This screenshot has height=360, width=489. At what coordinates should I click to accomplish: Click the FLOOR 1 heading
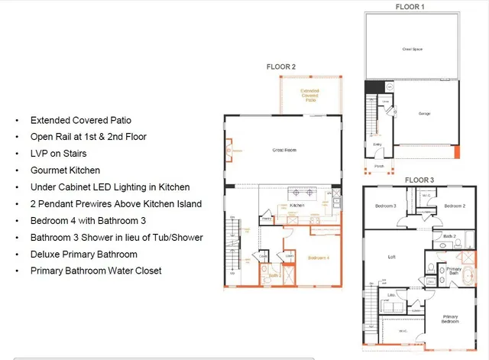[x=410, y=6]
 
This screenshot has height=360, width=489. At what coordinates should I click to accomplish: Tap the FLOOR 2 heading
[x=280, y=67]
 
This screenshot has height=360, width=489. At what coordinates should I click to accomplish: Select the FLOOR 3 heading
[x=419, y=180]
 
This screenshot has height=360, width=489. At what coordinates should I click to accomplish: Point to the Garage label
[x=424, y=114]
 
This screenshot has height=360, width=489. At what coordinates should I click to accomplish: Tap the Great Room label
[x=283, y=151]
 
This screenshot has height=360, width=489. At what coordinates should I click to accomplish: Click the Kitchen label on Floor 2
[x=297, y=206]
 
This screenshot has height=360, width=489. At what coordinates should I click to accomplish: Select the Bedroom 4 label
[x=318, y=258]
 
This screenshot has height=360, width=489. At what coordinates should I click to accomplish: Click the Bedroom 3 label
[x=385, y=206]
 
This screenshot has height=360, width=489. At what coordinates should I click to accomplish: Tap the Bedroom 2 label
[x=455, y=206]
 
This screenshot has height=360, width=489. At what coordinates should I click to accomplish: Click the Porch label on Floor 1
[x=380, y=164]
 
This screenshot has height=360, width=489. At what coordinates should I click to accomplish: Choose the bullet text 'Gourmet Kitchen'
[x=65, y=170]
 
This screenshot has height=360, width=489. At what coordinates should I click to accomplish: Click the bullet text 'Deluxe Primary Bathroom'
[x=83, y=254]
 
